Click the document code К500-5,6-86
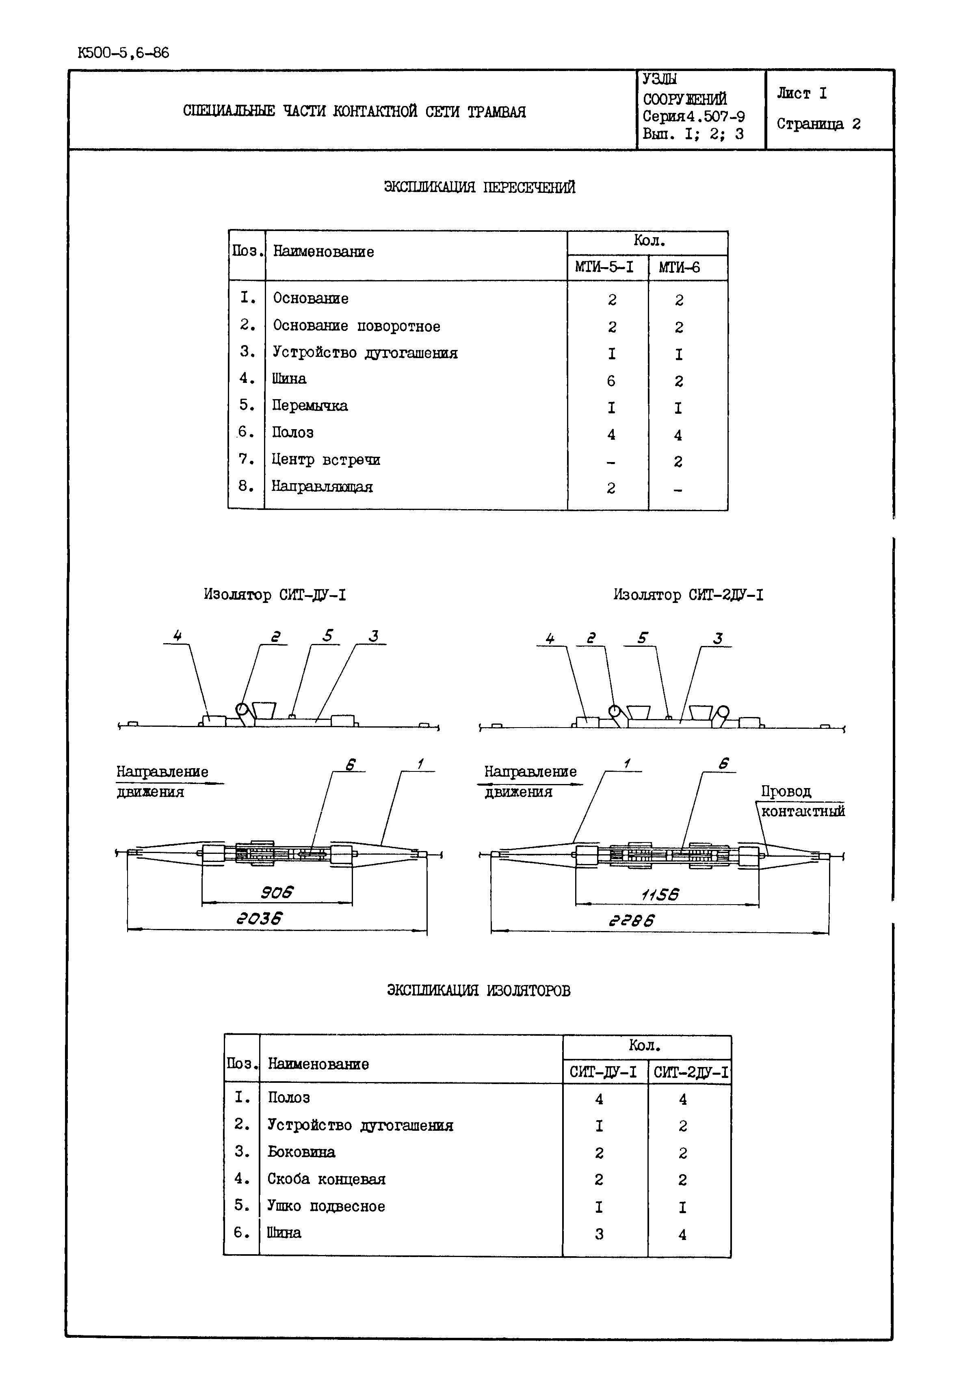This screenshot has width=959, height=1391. pyautogui.click(x=123, y=53)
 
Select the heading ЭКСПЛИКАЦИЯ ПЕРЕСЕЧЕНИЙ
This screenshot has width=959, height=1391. pyautogui.click(x=479, y=188)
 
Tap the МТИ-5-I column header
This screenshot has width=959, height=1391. pyautogui.click(x=604, y=267)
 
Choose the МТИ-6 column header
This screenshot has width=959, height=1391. pyautogui.click(x=679, y=267)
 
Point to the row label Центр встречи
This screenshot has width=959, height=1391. pyautogui.click(x=326, y=460)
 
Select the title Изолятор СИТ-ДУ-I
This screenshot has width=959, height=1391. pyautogui.click(x=275, y=595)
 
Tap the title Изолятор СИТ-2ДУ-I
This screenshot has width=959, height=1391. pyautogui.click(x=688, y=595)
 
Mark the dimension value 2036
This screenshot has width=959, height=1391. pyautogui.click(x=259, y=919)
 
